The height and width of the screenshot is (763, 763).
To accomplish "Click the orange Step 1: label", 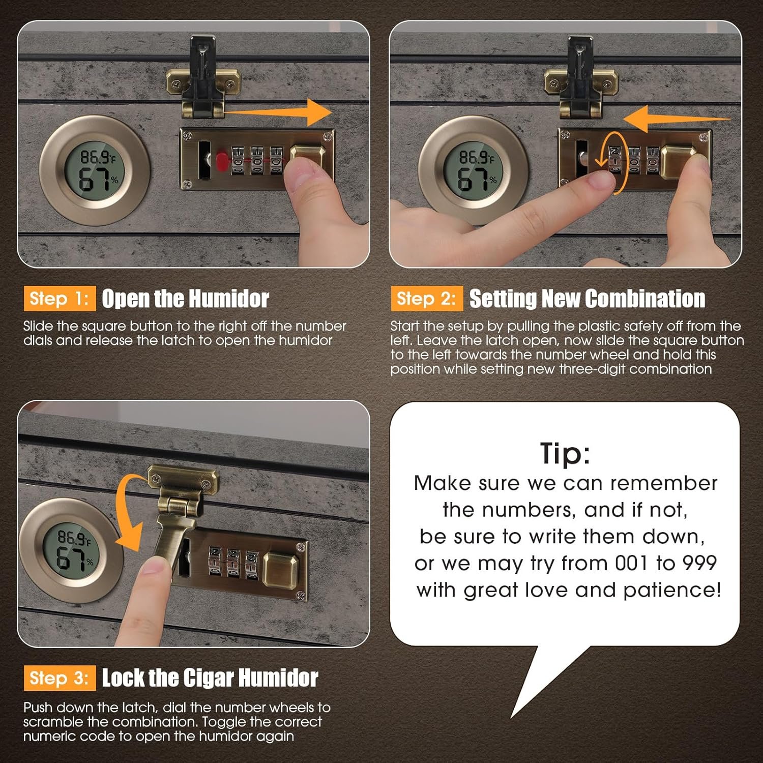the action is pos(60,299).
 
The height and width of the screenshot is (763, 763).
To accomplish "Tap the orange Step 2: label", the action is pos(427,299).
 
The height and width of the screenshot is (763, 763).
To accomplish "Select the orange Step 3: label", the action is pos(60,678).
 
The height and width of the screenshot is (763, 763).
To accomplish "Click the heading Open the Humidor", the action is pos(185,299).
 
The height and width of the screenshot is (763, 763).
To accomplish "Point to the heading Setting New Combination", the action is pos(587,299).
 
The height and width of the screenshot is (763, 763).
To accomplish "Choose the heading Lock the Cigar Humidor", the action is pos(210,678).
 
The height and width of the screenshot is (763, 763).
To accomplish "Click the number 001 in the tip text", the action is pos(631,563).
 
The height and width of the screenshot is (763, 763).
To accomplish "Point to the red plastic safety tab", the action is pos(222,160).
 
